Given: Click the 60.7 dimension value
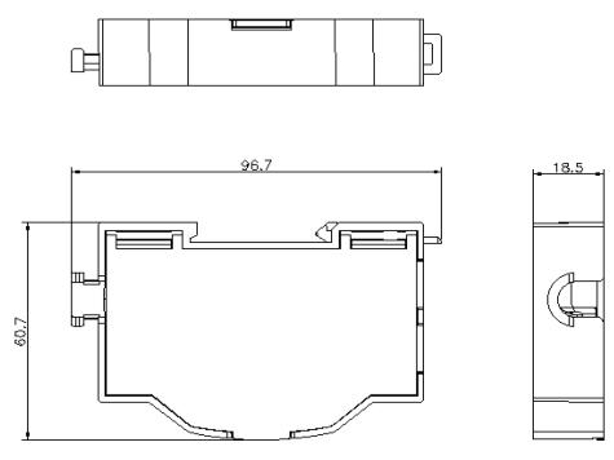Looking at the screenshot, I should pyautogui.click(x=21, y=332).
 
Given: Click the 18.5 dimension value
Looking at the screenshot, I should pyautogui.click(x=568, y=167).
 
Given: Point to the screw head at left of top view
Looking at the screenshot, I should pyautogui.click(x=78, y=60).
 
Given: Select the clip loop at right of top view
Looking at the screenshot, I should pyautogui.click(x=432, y=54).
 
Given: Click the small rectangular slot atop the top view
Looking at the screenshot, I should pyautogui.click(x=261, y=25).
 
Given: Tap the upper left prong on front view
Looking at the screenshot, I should pyautogui.click(x=78, y=278).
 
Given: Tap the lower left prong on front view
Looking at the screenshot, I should pyautogui.click(x=78, y=321).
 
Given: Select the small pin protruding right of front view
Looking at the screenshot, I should pyautogui.click(x=432, y=239).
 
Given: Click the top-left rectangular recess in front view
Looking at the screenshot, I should pyautogui.click(x=144, y=241).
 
